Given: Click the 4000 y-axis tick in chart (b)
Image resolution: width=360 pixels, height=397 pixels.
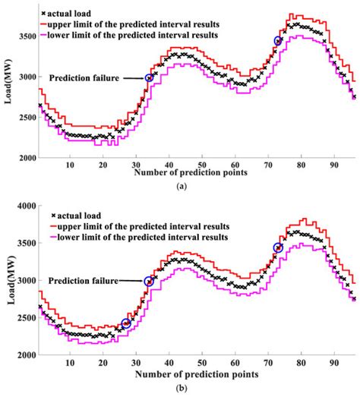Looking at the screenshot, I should (x=25, y=206).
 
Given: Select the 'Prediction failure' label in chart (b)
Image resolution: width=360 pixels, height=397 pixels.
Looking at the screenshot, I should (x=84, y=281).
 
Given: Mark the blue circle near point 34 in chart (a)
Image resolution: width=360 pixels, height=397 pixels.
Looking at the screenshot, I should (x=150, y=77).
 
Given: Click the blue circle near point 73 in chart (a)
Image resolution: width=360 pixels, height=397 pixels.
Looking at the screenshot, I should (x=278, y=41).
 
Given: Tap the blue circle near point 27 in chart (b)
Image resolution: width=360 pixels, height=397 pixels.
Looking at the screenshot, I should (x=126, y=324).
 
